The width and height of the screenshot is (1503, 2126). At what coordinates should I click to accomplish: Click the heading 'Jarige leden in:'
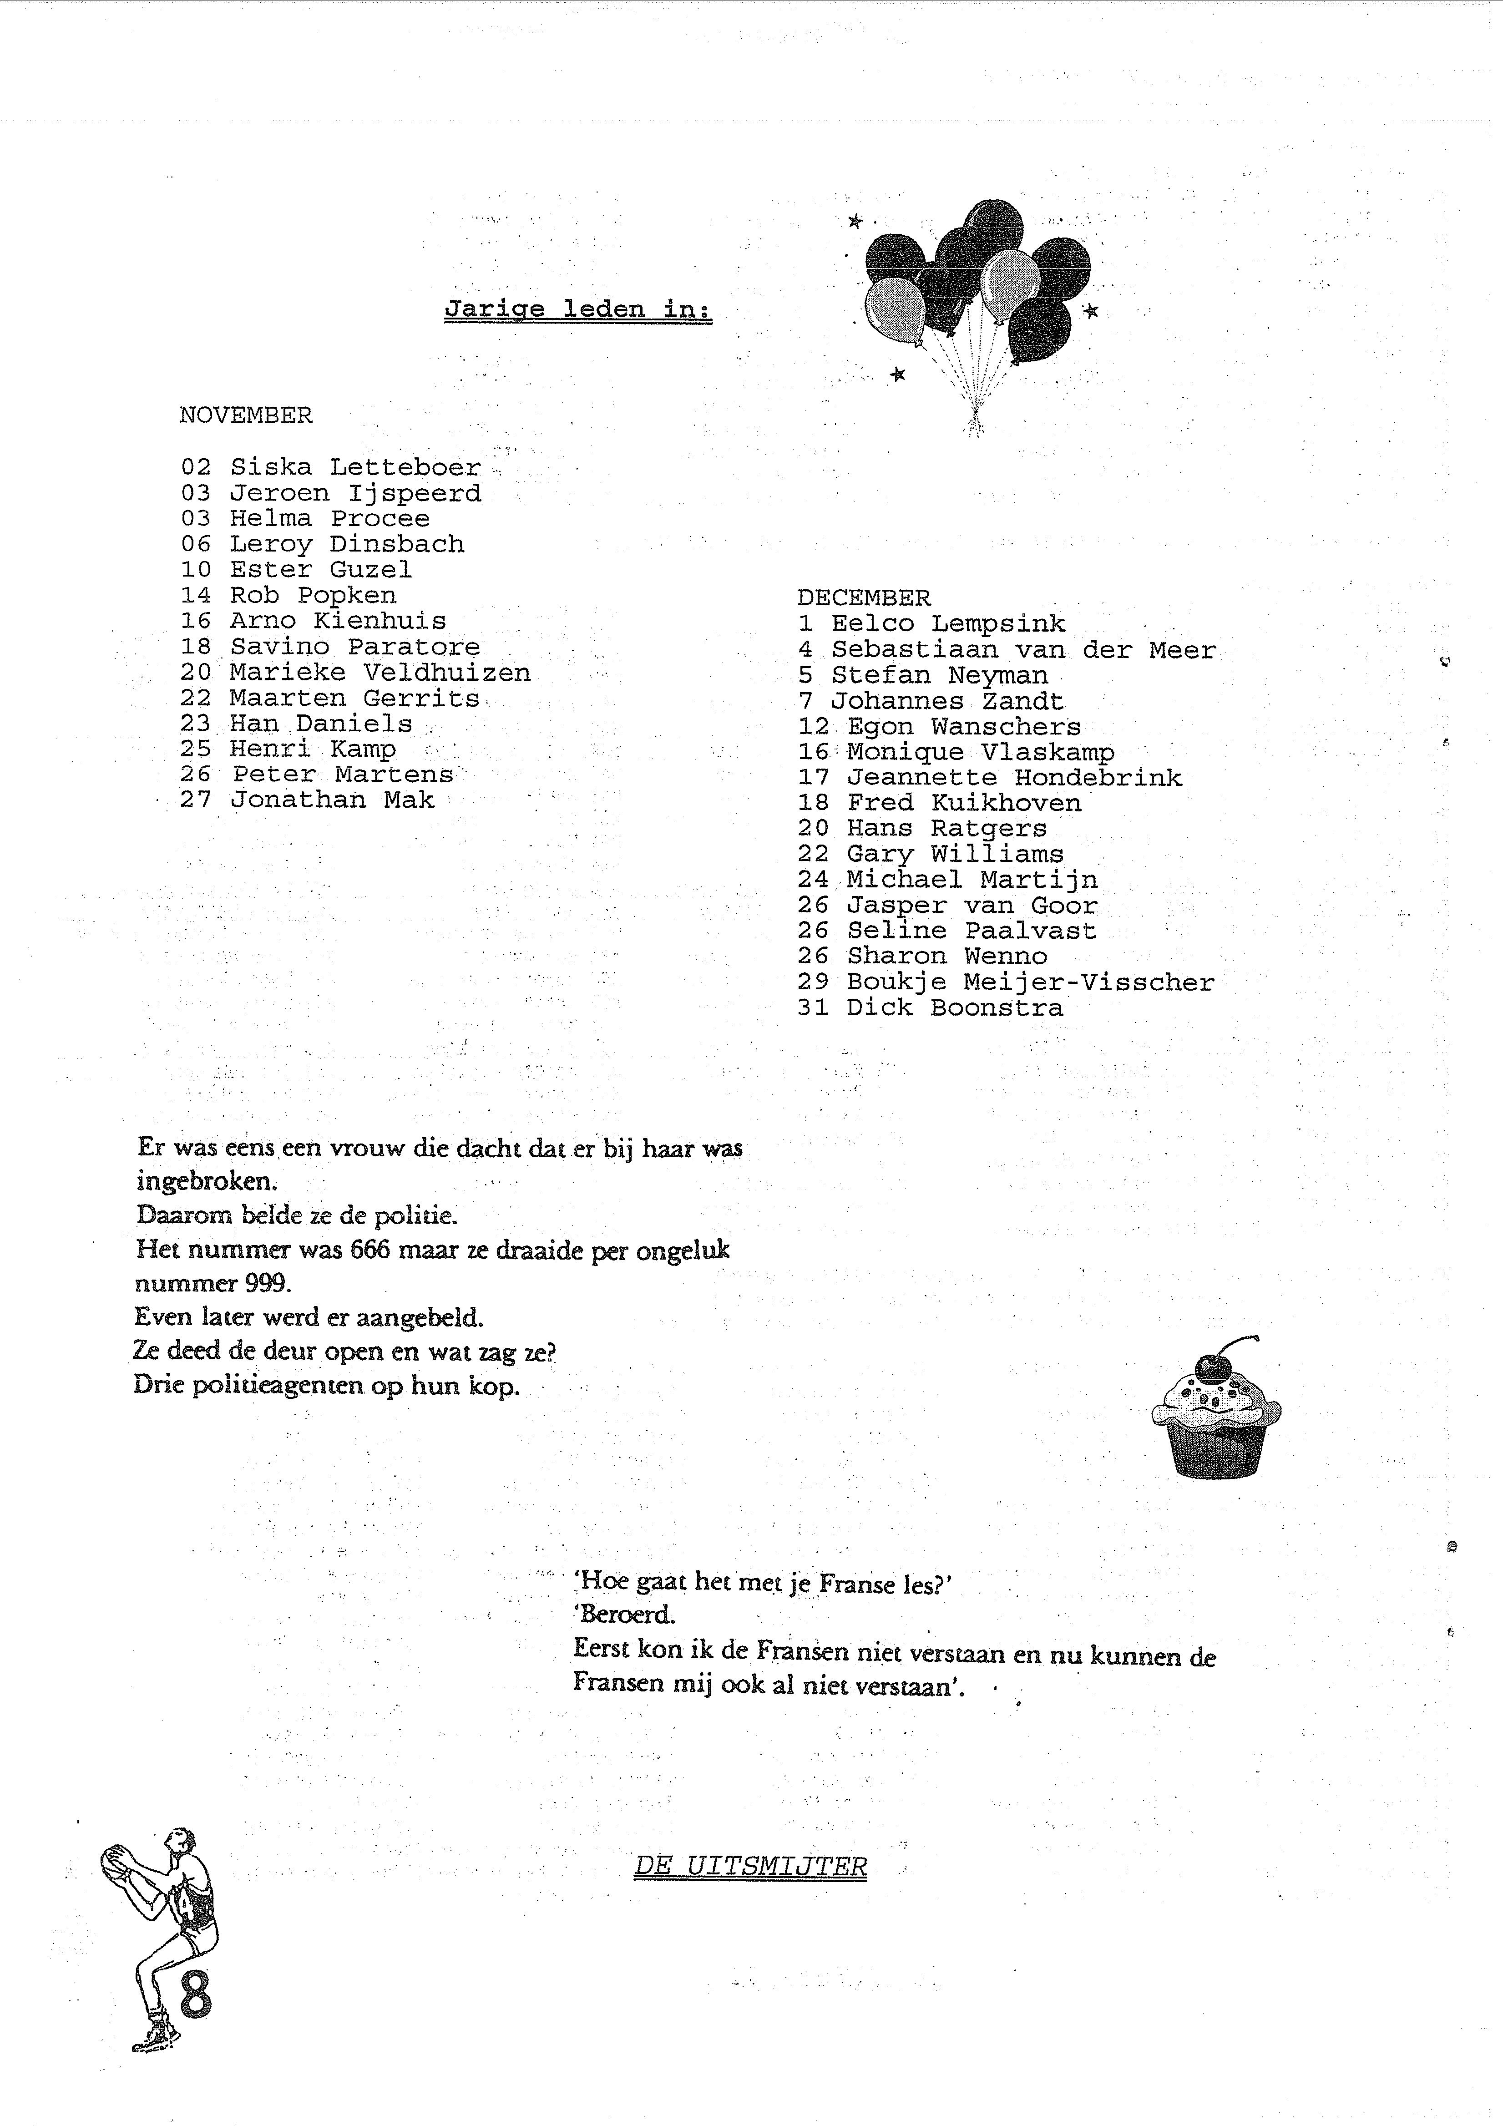click(578, 309)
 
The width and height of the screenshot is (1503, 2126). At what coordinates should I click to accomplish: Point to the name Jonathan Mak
click(332, 800)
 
